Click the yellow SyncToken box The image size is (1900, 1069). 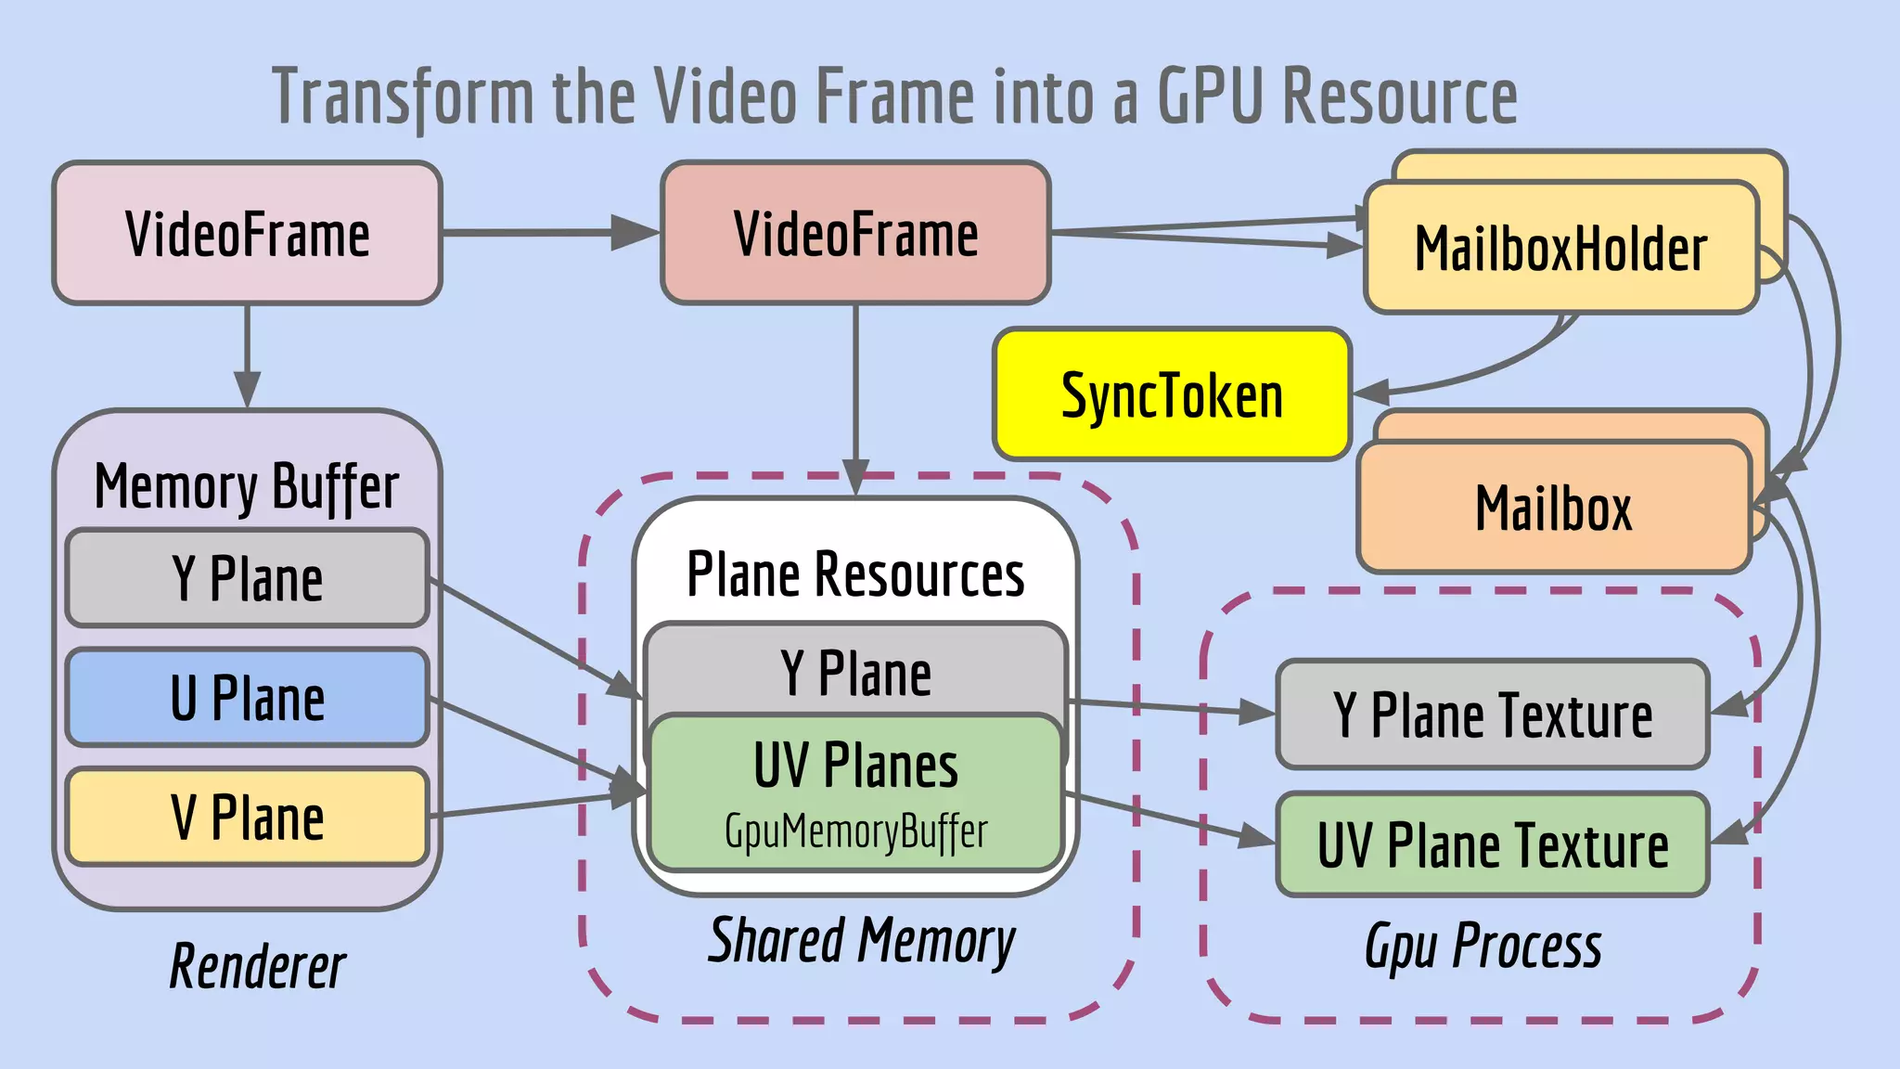click(1172, 394)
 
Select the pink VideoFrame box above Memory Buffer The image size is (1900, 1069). click(247, 234)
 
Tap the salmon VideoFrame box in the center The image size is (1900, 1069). click(855, 234)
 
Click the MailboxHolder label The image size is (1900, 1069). click(1560, 249)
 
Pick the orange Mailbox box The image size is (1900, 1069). click(1553, 509)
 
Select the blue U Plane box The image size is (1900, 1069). click(247, 698)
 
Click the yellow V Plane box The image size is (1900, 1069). click(247, 818)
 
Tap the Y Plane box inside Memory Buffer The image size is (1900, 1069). click(247, 578)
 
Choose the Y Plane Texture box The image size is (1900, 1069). click(1492, 715)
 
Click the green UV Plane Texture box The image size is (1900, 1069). click(1492, 845)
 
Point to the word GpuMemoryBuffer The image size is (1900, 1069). click(855, 831)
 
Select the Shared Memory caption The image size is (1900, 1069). click(861, 941)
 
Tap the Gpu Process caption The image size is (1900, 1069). click(1483, 947)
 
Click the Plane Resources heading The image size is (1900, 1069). click(855, 574)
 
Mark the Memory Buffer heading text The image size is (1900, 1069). click(247, 487)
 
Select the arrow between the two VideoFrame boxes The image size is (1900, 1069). click(547, 233)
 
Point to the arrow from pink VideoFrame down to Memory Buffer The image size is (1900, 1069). click(247, 353)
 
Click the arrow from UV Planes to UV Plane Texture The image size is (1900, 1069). click(1169, 818)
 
